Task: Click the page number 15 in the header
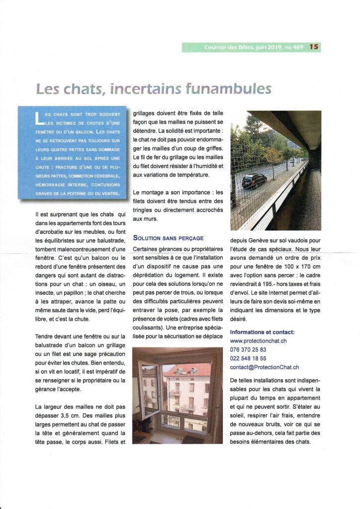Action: pyautogui.click(x=314, y=47)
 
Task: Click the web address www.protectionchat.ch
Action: pyautogui.click(x=258, y=341)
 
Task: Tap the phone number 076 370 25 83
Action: pyautogui.click(x=248, y=349)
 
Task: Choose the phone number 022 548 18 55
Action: pyautogui.click(x=248, y=358)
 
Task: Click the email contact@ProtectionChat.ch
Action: pyautogui.click(x=264, y=367)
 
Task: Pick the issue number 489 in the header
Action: pyautogui.click(x=297, y=47)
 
